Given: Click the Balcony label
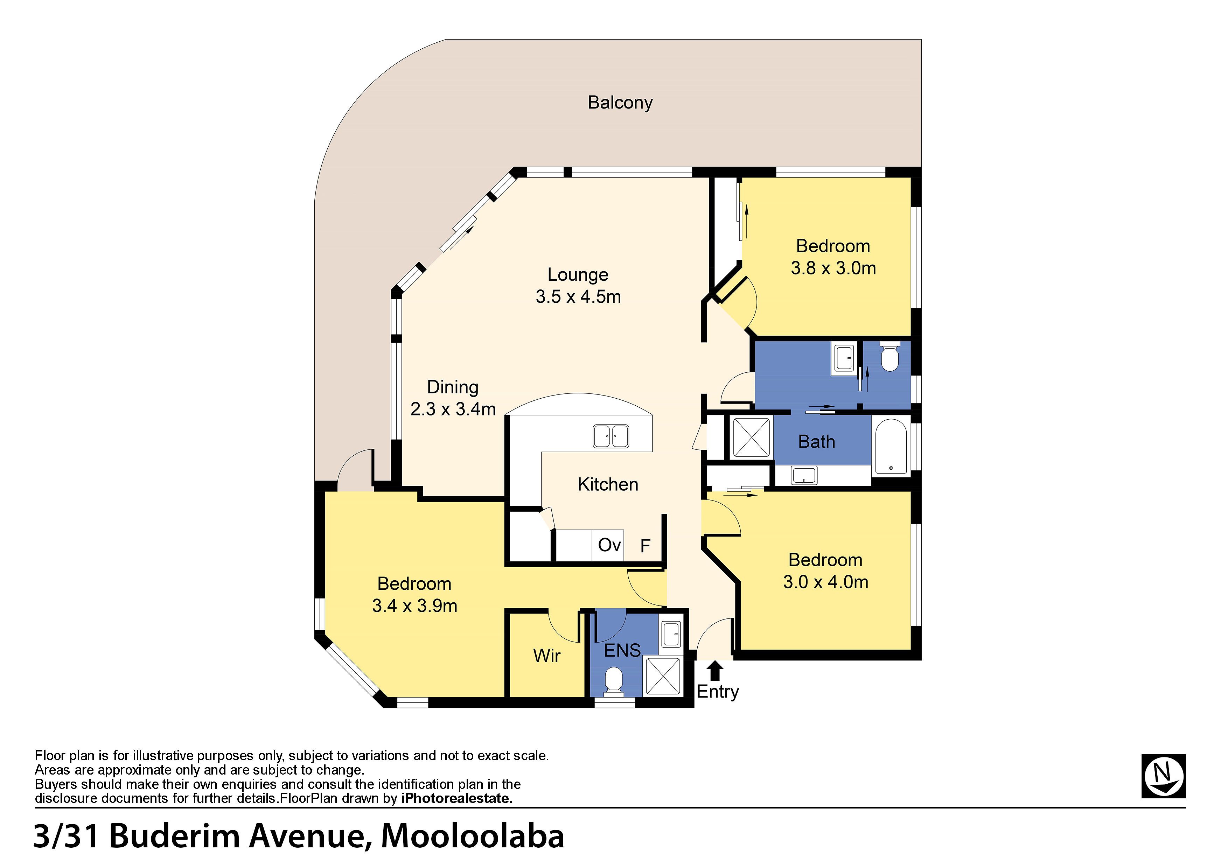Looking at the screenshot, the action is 620,103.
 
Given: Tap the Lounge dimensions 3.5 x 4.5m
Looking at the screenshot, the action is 578,297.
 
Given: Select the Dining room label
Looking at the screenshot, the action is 453,387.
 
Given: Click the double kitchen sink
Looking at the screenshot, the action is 611,436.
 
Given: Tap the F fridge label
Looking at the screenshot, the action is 646,546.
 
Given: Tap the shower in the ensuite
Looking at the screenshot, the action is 663,677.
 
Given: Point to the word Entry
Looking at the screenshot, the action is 718,692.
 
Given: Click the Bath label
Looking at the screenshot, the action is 817,442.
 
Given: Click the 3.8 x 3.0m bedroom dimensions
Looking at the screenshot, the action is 833,268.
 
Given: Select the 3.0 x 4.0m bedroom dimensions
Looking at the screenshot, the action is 826,582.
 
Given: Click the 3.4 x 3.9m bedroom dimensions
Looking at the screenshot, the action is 414,606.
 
